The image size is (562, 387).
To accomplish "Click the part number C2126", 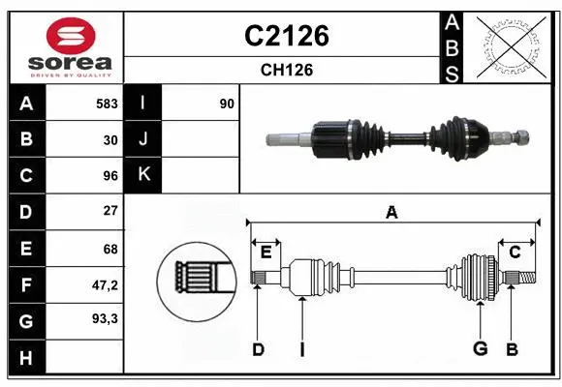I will [x=286, y=36].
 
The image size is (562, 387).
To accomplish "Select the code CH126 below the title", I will [x=286, y=70].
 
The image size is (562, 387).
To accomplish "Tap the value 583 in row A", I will [x=107, y=103].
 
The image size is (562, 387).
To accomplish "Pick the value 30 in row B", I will [x=109, y=139].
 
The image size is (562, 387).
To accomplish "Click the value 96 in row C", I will [x=109, y=176].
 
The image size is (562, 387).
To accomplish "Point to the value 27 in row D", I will [x=109, y=211].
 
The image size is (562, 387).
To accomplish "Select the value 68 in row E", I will [x=109, y=248].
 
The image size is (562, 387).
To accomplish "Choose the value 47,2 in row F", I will [x=105, y=284].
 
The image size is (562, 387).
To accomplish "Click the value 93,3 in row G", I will [x=105, y=317].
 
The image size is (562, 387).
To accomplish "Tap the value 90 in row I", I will [x=227, y=103].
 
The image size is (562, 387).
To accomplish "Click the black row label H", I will [x=25, y=357].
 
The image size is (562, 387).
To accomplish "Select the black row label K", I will [x=143, y=175].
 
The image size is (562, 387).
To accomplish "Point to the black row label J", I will [x=143, y=139].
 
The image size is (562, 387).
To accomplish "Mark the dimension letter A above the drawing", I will [x=391, y=213].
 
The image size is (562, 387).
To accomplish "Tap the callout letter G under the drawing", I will [x=480, y=349].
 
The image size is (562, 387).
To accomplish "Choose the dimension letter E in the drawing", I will [x=265, y=253].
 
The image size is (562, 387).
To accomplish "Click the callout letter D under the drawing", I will [x=258, y=349].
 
